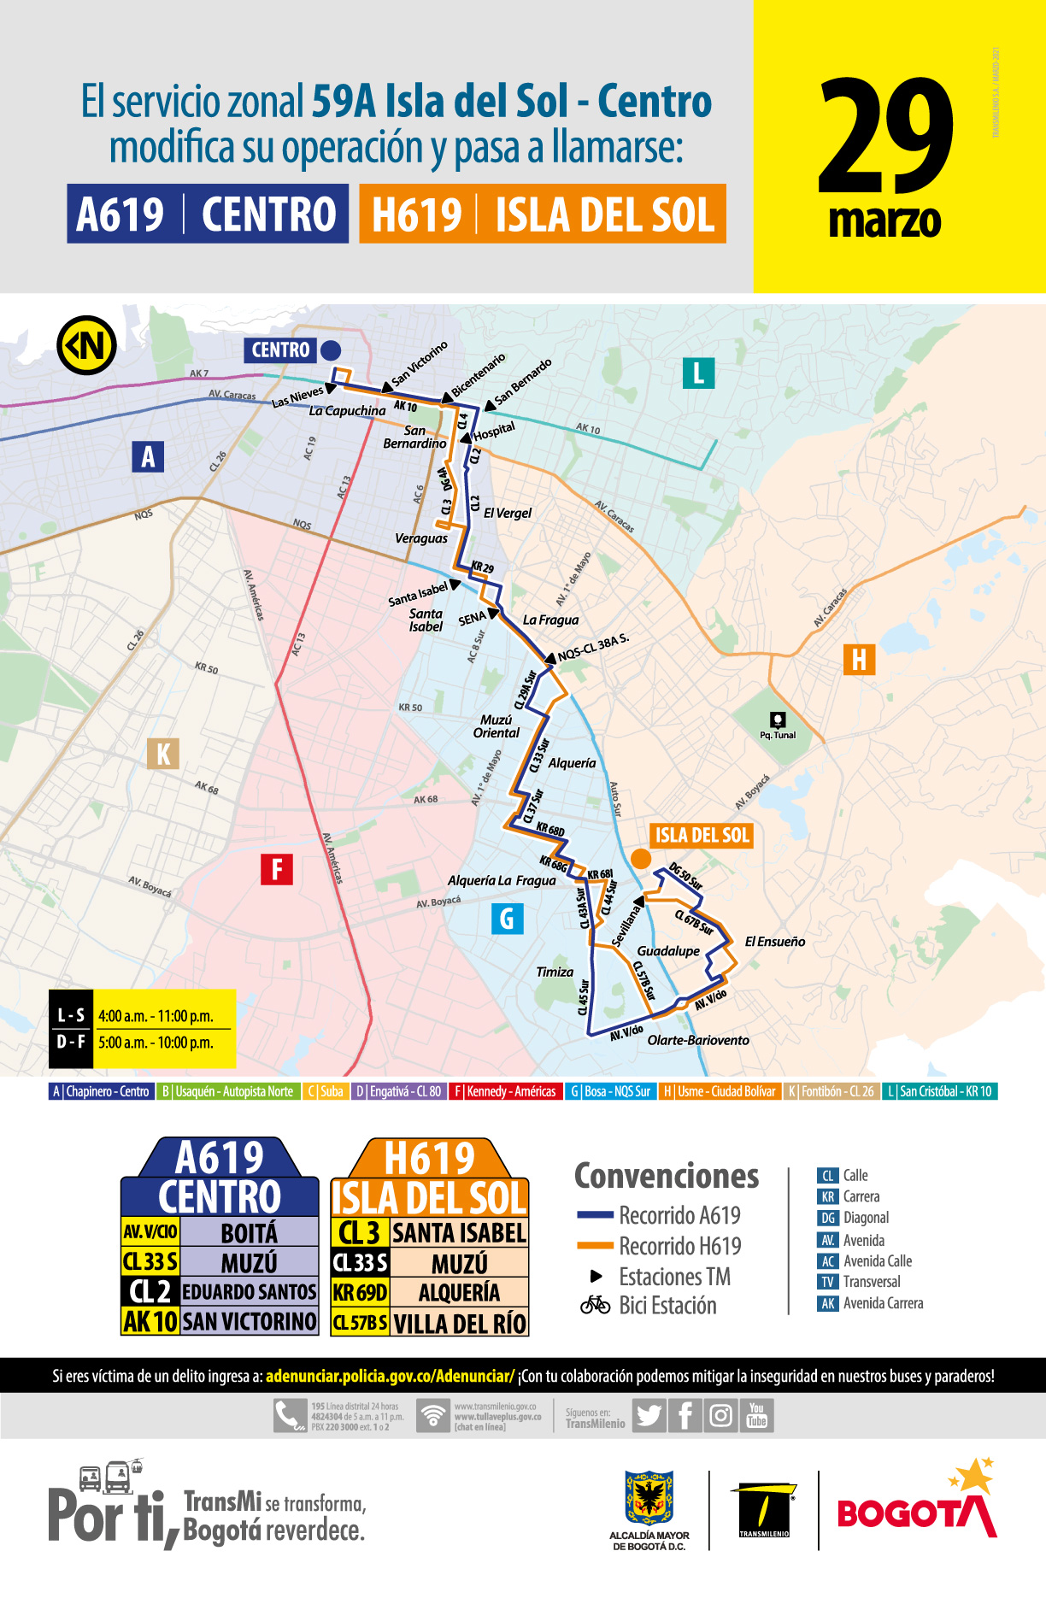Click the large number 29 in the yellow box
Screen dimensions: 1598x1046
click(885, 137)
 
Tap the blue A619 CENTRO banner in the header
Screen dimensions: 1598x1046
click(208, 214)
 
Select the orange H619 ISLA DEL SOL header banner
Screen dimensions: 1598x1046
click(543, 214)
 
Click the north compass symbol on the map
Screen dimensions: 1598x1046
click(86, 346)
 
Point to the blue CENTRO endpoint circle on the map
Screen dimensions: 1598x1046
click(330, 350)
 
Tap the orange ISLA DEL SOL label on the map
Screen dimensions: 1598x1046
click(702, 836)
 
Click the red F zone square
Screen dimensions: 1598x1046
click(277, 870)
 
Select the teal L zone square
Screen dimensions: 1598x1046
click(698, 373)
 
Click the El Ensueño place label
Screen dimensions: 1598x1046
click(774, 942)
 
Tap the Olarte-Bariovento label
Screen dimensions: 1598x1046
click(698, 1040)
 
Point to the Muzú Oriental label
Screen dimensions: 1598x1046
click(496, 726)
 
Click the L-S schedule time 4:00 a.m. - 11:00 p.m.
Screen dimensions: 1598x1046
click(156, 1016)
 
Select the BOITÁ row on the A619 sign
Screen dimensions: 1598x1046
click(249, 1232)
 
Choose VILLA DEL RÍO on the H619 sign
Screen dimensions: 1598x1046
click(459, 1323)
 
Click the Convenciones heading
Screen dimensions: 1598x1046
click(666, 1177)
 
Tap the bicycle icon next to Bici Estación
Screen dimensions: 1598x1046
click(595, 1305)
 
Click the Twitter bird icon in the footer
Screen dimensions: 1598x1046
click(649, 1416)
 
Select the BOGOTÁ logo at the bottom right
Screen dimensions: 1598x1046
click(916, 1513)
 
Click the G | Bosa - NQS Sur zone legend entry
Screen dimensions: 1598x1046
click(610, 1091)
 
